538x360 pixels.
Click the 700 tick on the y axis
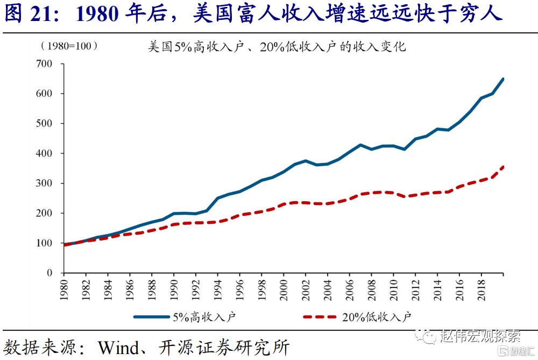click(44, 64)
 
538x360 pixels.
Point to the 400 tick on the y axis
click(44, 153)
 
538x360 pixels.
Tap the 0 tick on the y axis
click(49, 273)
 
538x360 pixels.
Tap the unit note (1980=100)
click(69, 46)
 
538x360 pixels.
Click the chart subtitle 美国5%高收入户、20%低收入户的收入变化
click(277, 47)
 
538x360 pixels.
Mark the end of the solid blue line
click(503, 79)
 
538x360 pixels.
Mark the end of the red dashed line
click(503, 167)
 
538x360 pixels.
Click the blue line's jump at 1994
click(218, 198)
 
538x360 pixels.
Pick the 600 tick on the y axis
click(44, 94)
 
